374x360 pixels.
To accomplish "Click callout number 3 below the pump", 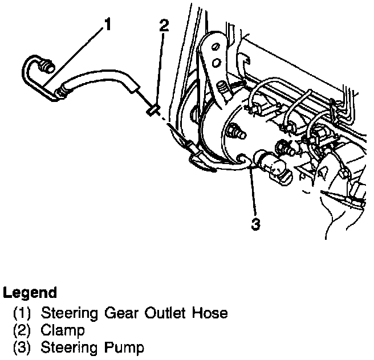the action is pyautogui.click(x=255, y=224).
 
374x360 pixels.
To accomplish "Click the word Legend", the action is pyautogui.click(x=30, y=293).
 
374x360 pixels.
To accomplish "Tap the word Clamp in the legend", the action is pyautogui.click(x=62, y=330).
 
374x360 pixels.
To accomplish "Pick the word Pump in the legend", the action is pyautogui.click(x=125, y=347).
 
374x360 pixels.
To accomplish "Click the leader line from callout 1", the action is pyautogui.click(x=80, y=57).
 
